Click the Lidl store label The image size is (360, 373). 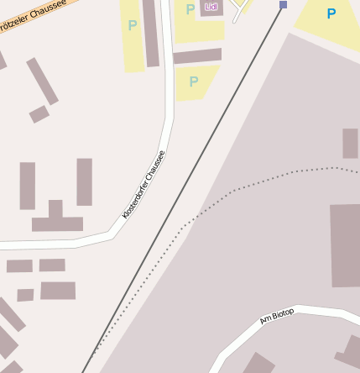click(x=211, y=7)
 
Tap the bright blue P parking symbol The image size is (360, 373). click(x=331, y=13)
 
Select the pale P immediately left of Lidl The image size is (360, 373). click(x=190, y=9)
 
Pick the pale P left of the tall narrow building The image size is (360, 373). click(x=132, y=26)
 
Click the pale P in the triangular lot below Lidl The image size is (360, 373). click(x=194, y=81)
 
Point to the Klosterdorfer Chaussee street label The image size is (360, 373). click(x=143, y=185)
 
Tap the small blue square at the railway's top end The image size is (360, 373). click(x=283, y=5)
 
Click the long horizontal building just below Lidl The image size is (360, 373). click(x=197, y=56)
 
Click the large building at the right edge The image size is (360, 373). click(x=345, y=244)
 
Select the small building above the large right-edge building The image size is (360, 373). click(x=350, y=144)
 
